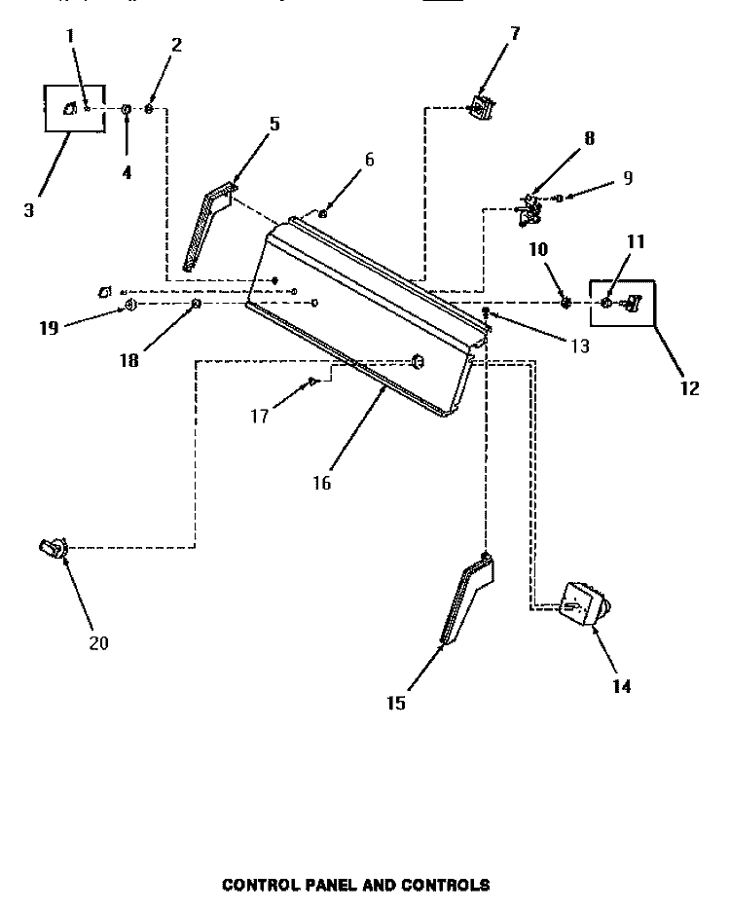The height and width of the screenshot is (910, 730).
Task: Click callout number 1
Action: [x=69, y=37]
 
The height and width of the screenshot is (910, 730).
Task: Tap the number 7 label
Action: [x=515, y=34]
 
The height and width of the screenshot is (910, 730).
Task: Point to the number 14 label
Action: [x=622, y=686]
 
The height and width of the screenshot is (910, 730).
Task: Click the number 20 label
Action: [x=99, y=642]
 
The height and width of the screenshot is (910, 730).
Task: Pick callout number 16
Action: [x=322, y=482]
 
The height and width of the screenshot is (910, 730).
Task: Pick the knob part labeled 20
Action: [x=51, y=550]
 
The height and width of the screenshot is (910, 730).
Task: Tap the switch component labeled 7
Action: [x=479, y=108]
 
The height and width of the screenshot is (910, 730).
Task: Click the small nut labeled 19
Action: [x=128, y=307]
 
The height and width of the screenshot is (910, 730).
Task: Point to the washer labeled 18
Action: [x=196, y=305]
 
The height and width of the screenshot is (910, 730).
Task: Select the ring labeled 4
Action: [x=126, y=110]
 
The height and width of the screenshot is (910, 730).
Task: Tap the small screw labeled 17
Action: [x=313, y=382]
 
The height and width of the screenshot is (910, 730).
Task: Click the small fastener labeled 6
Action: [x=324, y=211]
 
